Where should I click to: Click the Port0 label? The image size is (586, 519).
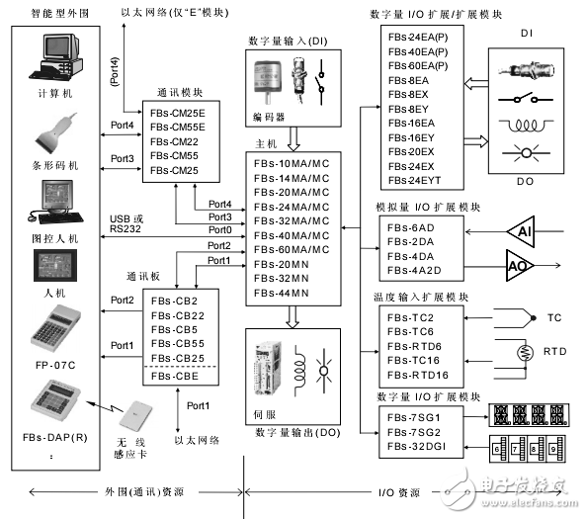tap(219, 229)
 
